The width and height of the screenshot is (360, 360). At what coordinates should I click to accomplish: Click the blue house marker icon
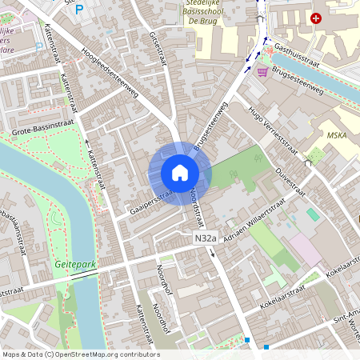(180, 173)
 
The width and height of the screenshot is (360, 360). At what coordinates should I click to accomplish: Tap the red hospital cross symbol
(317, 18)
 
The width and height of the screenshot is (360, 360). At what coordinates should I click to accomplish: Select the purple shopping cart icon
(262, 72)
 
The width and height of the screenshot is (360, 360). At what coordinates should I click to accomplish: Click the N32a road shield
(205, 238)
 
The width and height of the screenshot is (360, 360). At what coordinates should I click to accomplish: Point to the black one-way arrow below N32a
(213, 253)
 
